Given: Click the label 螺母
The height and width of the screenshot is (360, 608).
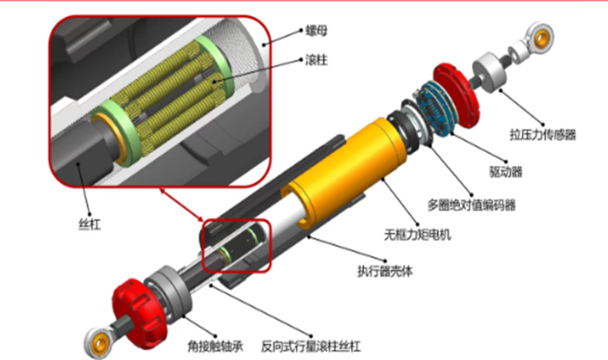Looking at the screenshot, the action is click(x=316, y=30).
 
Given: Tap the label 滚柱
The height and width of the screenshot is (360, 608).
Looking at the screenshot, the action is click(x=316, y=60).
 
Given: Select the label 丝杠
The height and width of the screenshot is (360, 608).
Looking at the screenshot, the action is click(x=90, y=224).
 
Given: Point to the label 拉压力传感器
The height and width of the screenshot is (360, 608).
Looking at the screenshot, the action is click(x=543, y=134).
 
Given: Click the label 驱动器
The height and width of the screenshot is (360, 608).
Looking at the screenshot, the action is click(x=506, y=171).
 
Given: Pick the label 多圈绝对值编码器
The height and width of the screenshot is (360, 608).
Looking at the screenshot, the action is click(x=471, y=205).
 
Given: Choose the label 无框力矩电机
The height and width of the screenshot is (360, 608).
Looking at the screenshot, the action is click(x=417, y=234).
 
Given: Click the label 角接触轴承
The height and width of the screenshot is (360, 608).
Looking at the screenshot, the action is click(x=215, y=346).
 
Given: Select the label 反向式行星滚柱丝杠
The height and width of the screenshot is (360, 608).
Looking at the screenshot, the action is click(x=311, y=346).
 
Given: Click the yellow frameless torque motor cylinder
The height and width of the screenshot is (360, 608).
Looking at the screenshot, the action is click(x=345, y=171).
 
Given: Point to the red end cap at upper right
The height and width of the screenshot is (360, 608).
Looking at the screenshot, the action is click(x=456, y=95).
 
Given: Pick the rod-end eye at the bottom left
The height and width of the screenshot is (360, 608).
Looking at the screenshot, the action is click(x=99, y=342).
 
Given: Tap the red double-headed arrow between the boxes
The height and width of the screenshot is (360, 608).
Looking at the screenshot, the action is click(x=182, y=205).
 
